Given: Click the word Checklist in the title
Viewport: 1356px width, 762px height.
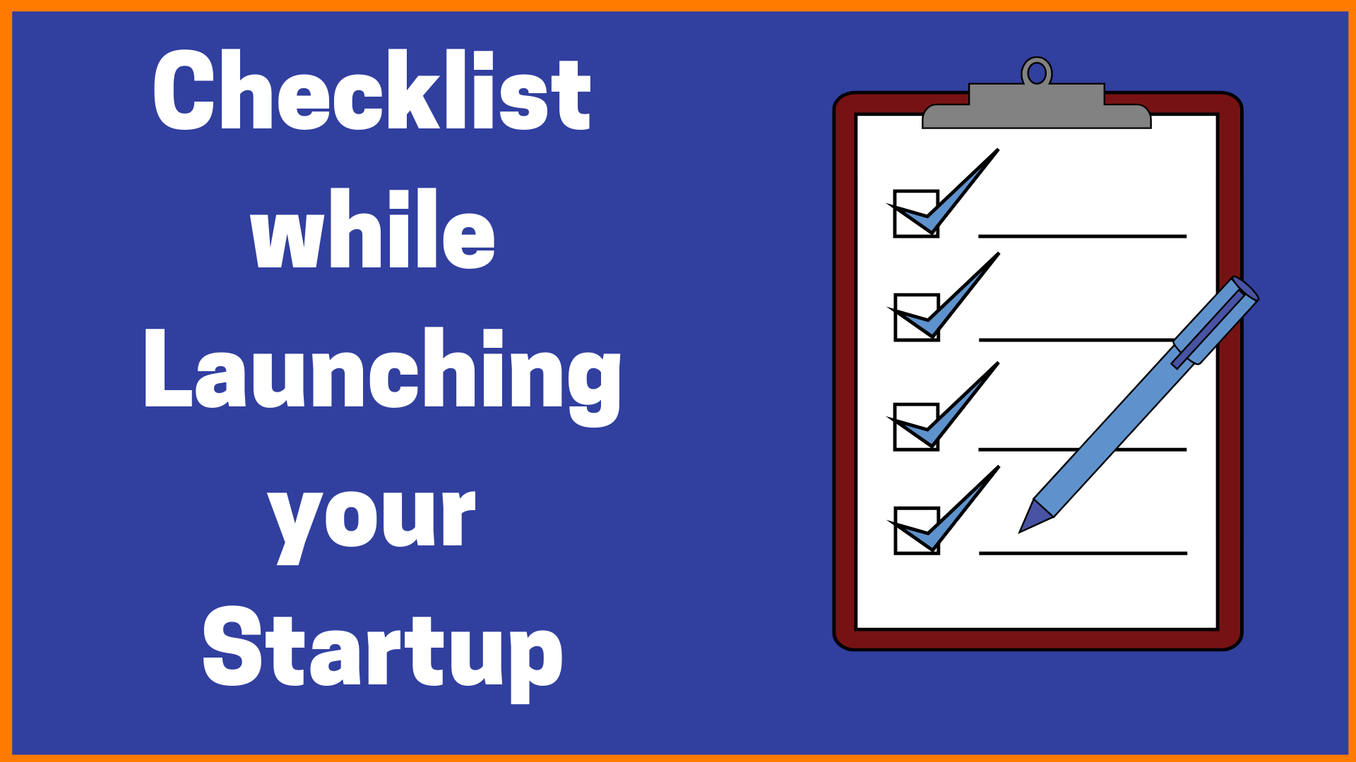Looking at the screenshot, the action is pyautogui.click(x=371, y=90).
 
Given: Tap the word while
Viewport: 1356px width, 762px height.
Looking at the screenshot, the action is pyautogui.click(x=372, y=229).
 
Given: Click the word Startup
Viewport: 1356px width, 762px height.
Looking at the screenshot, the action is pyautogui.click(x=382, y=653).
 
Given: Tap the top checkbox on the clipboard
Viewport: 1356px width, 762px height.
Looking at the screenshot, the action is pyautogui.click(x=916, y=214).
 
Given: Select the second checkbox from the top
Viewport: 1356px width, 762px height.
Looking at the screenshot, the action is pyautogui.click(x=916, y=317).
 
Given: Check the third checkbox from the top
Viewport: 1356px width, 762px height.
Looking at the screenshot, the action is pyautogui.click(x=916, y=427).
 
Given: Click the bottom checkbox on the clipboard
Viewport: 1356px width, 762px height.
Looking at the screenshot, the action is pyautogui.click(x=916, y=531).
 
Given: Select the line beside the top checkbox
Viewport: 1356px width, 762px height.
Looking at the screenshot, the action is pyautogui.click(x=1082, y=236).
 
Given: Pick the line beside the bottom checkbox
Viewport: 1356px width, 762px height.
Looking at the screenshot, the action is pyautogui.click(x=1083, y=553).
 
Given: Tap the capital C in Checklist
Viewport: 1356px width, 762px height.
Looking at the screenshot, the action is pyautogui.click(x=185, y=90).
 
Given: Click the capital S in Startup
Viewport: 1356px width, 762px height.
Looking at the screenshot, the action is pyautogui.click(x=233, y=646).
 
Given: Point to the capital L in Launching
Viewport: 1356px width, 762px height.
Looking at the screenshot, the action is pyautogui.click(x=168, y=368).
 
